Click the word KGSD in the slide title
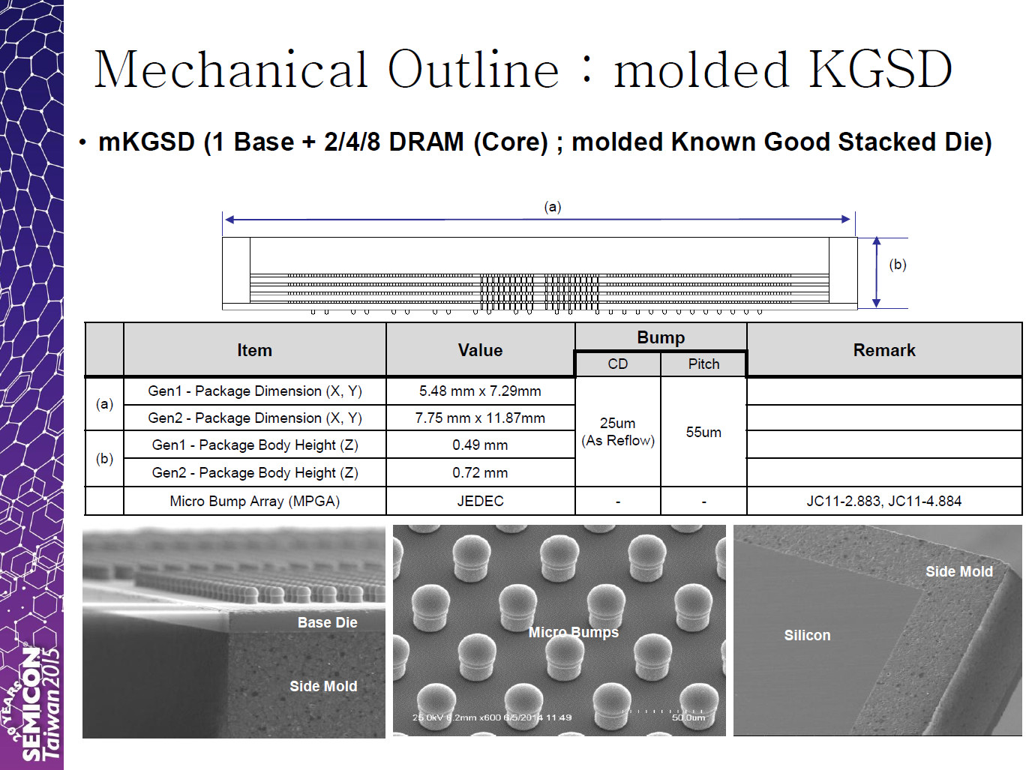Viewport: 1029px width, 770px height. (x=880, y=70)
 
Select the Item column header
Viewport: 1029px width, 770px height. (x=254, y=350)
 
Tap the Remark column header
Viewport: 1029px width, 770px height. (x=884, y=350)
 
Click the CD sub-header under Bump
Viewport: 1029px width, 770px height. (x=617, y=364)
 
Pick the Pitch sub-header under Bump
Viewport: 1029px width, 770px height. (x=703, y=364)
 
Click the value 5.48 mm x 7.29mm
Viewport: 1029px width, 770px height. (x=480, y=391)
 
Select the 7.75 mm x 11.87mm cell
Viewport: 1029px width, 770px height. (x=480, y=418)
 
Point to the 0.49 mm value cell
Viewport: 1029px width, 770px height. (x=480, y=445)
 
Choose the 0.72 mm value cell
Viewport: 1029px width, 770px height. (x=480, y=472)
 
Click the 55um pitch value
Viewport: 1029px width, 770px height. (x=703, y=432)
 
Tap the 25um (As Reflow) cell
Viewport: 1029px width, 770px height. (x=618, y=432)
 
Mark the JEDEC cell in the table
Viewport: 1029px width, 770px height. (x=481, y=501)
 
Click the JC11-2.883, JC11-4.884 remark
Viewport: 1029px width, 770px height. (x=884, y=501)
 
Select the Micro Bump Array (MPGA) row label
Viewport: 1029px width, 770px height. (x=254, y=501)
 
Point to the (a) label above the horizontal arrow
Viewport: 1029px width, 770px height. (x=553, y=207)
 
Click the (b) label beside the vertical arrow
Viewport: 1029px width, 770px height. (x=898, y=265)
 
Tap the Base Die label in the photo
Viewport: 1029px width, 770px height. (x=327, y=622)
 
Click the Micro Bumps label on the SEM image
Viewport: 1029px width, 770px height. (x=573, y=632)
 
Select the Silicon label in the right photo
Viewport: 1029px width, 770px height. (x=807, y=635)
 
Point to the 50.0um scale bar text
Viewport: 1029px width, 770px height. (x=688, y=718)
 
